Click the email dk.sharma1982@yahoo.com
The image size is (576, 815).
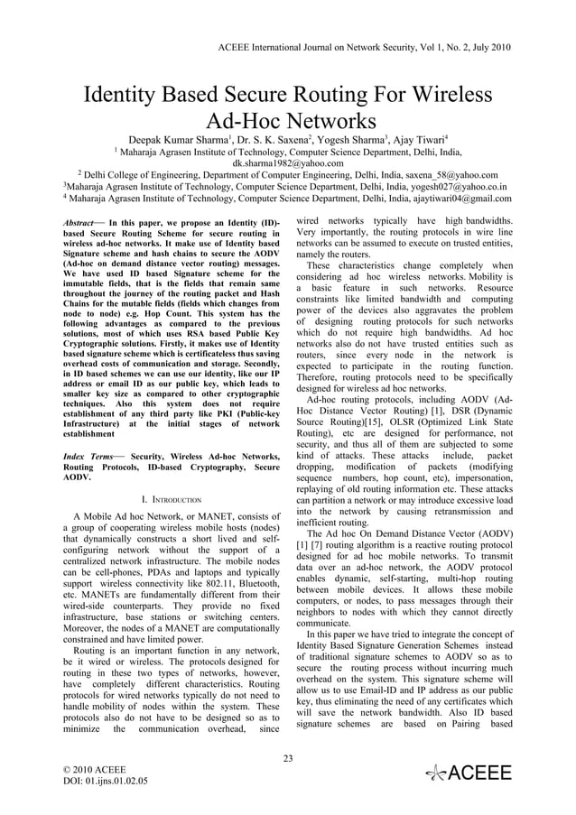[287, 163]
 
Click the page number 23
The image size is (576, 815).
[288, 757]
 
